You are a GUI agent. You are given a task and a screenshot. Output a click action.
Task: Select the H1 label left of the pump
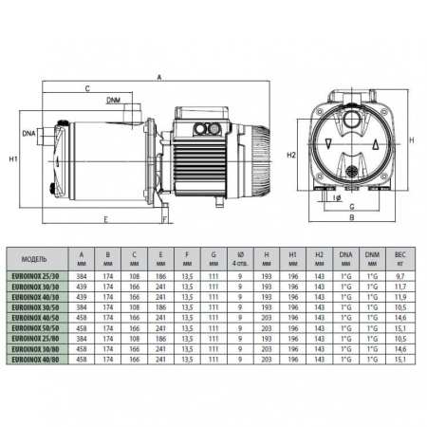point(12,158)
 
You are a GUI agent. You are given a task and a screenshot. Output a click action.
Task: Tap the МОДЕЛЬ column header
point(31,257)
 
